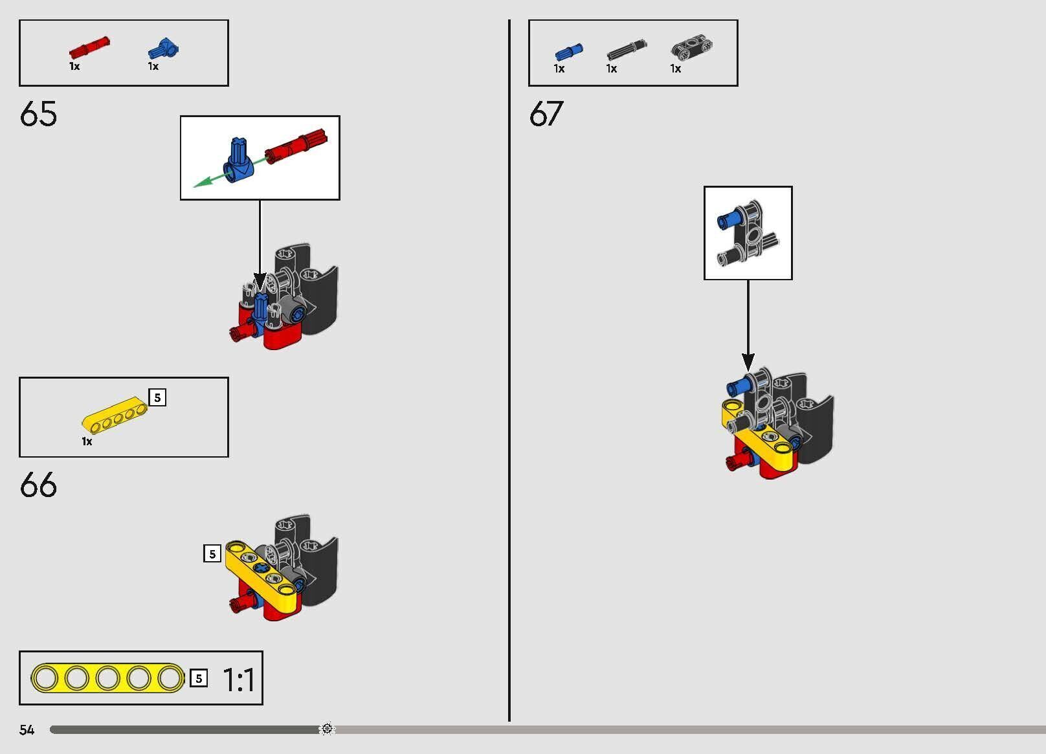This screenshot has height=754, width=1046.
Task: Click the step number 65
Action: coord(38,113)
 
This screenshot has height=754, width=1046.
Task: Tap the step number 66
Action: coord(38,484)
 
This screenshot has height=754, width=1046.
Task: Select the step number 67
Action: coord(546,113)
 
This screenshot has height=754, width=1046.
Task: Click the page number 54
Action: coord(27,729)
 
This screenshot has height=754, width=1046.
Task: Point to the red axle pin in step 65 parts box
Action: coord(89,47)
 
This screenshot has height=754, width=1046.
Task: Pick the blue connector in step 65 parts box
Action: coord(163,49)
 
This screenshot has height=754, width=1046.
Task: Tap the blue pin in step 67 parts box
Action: coord(569,52)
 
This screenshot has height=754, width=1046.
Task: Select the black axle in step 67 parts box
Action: coord(627,49)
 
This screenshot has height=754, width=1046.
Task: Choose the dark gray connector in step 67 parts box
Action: coord(691,47)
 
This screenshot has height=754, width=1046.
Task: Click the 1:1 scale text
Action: coord(239,680)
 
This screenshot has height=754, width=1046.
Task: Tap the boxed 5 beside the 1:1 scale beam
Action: coord(199,678)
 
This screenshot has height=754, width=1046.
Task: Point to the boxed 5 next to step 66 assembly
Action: coord(212,554)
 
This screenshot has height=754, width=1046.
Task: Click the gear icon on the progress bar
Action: coord(327,729)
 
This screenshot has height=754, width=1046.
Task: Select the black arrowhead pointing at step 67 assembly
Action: coord(748,361)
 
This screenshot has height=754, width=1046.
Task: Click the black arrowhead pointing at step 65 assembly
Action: coord(260,282)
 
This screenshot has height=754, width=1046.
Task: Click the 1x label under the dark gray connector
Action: coord(675,69)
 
